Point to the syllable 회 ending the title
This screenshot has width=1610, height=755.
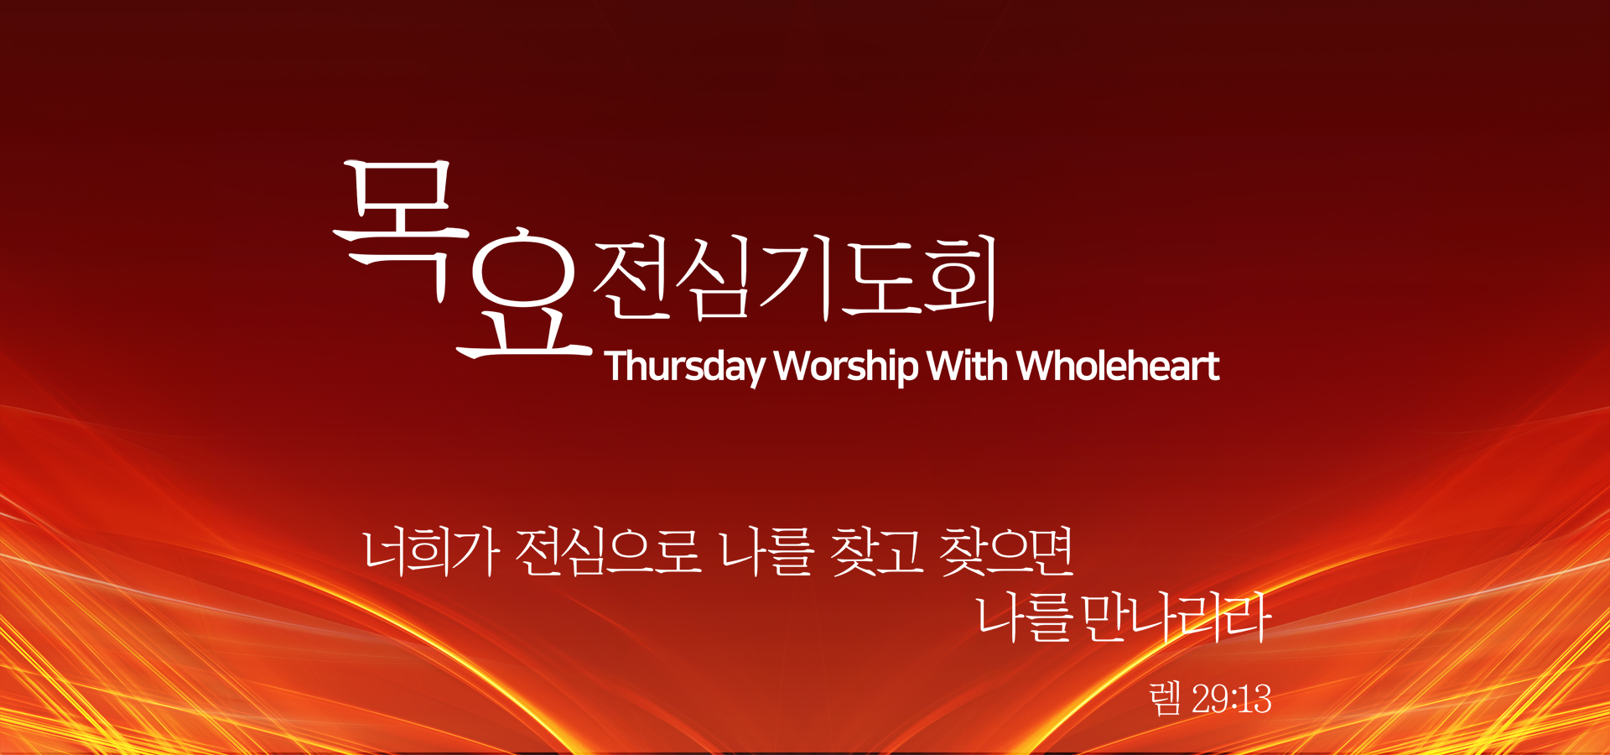(958, 277)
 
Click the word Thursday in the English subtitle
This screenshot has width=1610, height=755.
(685, 367)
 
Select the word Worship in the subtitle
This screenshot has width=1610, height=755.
(846, 367)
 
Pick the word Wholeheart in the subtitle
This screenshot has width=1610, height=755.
(1118, 366)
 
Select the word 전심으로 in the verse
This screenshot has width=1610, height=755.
(609, 552)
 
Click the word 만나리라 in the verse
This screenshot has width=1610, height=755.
(1174, 618)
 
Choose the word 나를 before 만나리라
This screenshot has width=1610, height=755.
(1026, 618)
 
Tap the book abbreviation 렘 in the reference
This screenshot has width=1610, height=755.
(1166, 698)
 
